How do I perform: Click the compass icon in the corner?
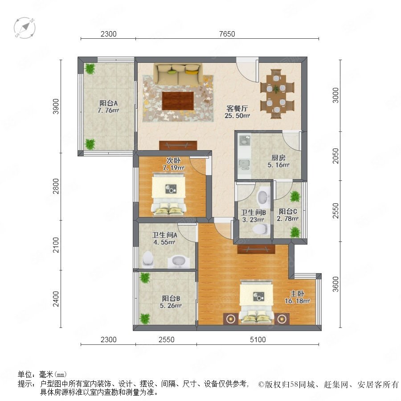click(25, 28)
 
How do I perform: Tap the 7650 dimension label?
click(227, 34)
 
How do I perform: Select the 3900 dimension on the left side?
click(56, 106)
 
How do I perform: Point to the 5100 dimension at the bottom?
click(258, 340)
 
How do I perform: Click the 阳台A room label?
click(108, 103)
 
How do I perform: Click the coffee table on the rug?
click(178, 101)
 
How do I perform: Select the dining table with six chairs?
click(277, 94)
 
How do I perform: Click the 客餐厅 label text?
click(237, 108)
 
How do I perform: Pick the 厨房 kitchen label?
click(278, 158)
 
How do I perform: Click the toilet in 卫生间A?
click(148, 259)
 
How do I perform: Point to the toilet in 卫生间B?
click(261, 229)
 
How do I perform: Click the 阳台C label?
click(288, 212)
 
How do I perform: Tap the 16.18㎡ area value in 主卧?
click(297, 301)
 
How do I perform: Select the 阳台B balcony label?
click(171, 298)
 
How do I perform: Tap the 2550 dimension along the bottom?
click(167, 340)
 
